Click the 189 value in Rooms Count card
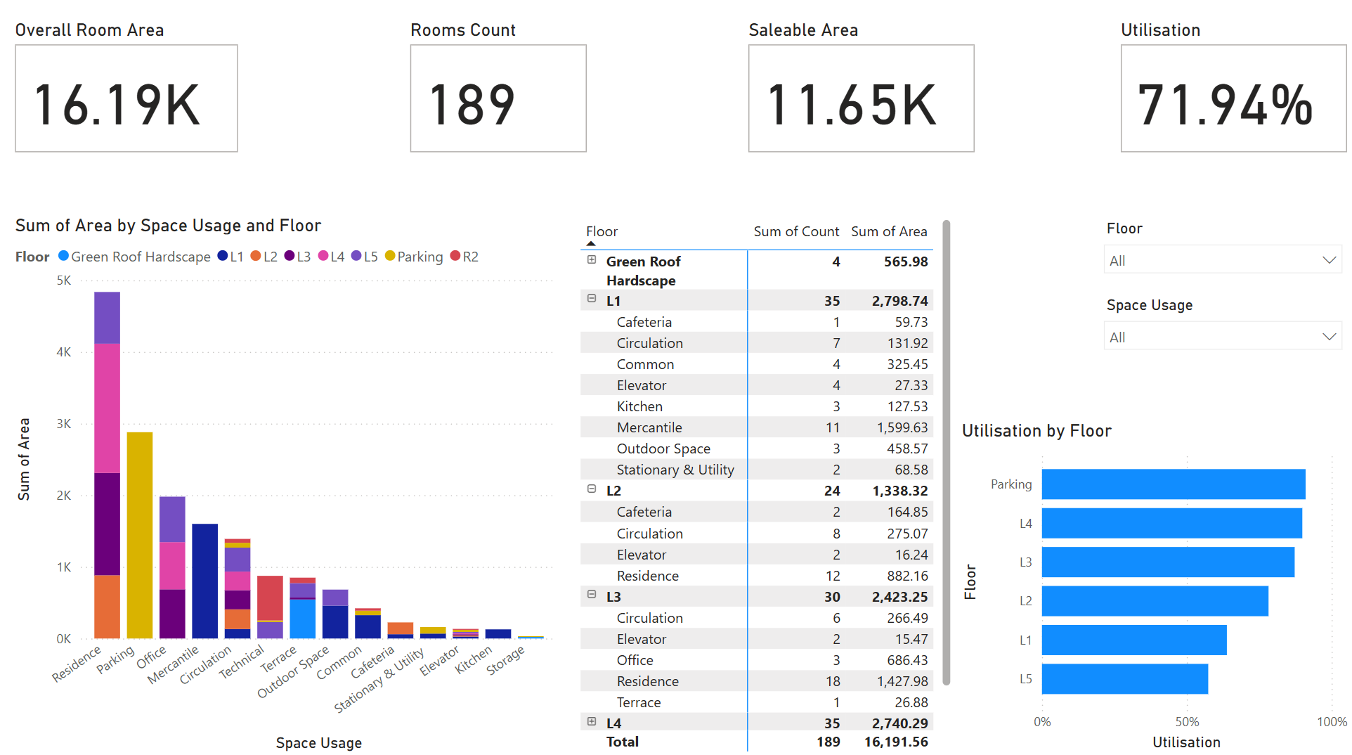[x=472, y=105]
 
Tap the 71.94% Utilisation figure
[x=1225, y=105]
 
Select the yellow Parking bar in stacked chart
[x=140, y=534]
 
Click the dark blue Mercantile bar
[x=204, y=581]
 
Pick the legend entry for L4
[x=331, y=257]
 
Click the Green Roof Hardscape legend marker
[x=63, y=256]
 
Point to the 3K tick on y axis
[x=64, y=424]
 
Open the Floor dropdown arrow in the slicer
[x=1329, y=260]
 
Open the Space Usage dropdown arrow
[x=1329, y=337]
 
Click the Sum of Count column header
[x=795, y=231]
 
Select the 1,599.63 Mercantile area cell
[x=902, y=427]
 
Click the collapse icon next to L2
[x=592, y=489]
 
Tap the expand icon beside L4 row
[x=592, y=722]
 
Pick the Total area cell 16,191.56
[x=895, y=742]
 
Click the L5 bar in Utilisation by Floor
[x=1124, y=679]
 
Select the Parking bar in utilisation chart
[x=1173, y=484]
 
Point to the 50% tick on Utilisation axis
[x=1187, y=722]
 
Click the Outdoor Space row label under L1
[x=663, y=449]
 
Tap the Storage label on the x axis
[x=505, y=661]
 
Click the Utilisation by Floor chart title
[x=1036, y=431]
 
